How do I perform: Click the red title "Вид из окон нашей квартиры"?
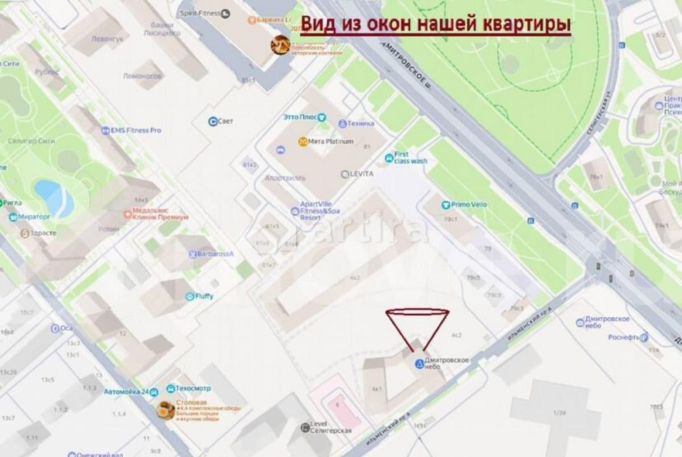436,25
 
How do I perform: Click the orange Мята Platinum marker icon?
302,142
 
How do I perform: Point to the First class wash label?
410,158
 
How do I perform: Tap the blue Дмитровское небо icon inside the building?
419,364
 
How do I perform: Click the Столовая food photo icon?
166,410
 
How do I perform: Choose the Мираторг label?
34,218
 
